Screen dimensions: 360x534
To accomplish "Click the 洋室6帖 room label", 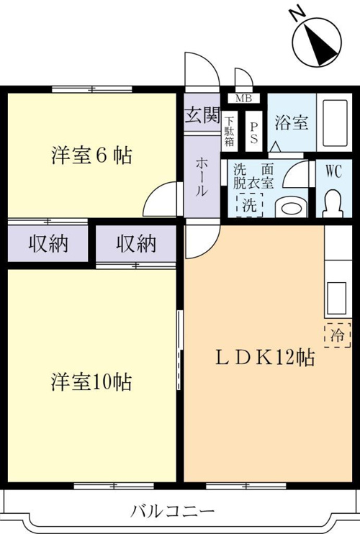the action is (x=91, y=155).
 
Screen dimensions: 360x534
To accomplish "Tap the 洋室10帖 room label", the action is (x=91, y=381).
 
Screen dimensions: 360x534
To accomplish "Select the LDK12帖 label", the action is (x=265, y=357).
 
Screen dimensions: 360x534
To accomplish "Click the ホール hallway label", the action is (x=201, y=176).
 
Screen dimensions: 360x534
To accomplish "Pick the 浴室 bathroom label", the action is (x=292, y=122).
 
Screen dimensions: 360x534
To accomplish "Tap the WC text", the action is (x=333, y=171).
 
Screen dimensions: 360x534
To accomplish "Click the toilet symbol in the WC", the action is (x=333, y=204).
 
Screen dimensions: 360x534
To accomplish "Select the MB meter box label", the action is (x=244, y=99).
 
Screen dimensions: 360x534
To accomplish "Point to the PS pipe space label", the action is (x=254, y=132).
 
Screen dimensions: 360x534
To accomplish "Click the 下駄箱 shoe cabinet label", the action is (x=229, y=131).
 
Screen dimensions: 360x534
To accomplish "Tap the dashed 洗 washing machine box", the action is (x=250, y=204).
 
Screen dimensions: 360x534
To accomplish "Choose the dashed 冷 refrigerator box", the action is (x=338, y=335).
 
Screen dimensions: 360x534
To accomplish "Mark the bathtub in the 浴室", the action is (x=334, y=122).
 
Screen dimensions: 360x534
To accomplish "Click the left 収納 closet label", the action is (x=48, y=243).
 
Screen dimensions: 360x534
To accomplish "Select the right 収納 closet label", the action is (x=136, y=243).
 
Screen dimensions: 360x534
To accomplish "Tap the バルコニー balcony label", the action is (x=173, y=511).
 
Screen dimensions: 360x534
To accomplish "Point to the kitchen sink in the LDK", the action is (x=337, y=299).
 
